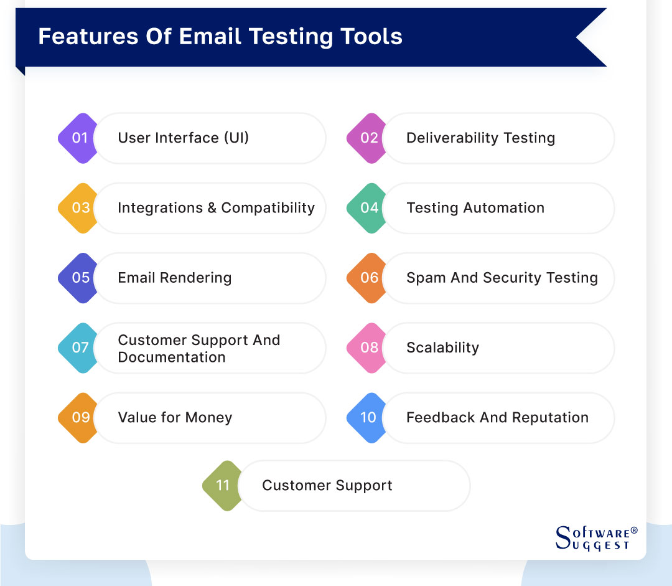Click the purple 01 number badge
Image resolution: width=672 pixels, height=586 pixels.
click(80, 138)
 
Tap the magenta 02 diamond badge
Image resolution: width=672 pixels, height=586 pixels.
click(368, 138)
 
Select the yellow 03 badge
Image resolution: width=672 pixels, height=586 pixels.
click(80, 208)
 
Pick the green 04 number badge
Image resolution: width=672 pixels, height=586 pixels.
click(368, 208)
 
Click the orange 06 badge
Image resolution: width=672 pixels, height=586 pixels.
click(368, 278)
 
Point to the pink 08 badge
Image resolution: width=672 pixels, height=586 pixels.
click(368, 347)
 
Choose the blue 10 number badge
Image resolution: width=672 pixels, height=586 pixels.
click(368, 417)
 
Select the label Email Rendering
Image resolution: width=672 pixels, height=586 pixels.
click(175, 278)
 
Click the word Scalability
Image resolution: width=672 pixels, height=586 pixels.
click(442, 347)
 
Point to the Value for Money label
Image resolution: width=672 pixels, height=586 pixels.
click(175, 417)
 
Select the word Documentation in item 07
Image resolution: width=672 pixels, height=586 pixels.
click(172, 357)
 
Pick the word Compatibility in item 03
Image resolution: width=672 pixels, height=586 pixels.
click(268, 208)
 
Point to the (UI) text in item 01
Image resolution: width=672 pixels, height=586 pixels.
click(236, 138)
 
